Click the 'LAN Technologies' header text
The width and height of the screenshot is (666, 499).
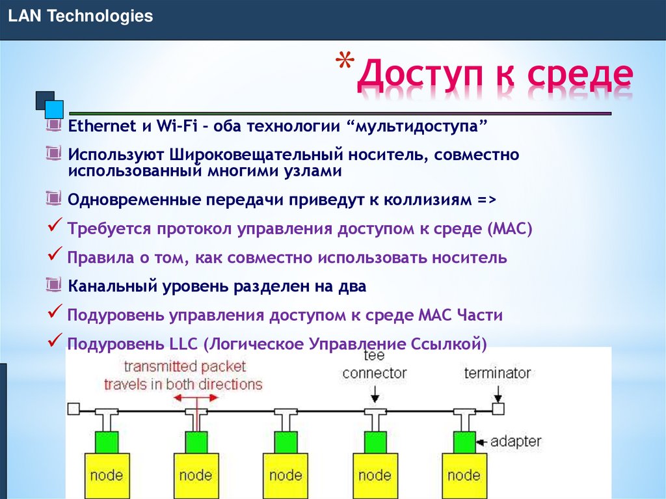click(81, 16)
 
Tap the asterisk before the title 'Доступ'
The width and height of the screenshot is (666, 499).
click(345, 66)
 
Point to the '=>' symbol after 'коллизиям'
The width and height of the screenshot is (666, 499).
click(486, 200)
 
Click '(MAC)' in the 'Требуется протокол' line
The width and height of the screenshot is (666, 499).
click(509, 228)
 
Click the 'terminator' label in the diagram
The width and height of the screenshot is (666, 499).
click(498, 373)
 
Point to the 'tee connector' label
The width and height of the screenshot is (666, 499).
click(374, 365)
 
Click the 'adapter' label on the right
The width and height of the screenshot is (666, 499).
click(515, 441)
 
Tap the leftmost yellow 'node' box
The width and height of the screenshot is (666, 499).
click(106, 474)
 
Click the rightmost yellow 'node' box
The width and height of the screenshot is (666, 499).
click(464, 474)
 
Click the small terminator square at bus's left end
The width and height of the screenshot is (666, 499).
click(73, 409)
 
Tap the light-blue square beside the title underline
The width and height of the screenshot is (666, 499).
click(55, 109)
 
